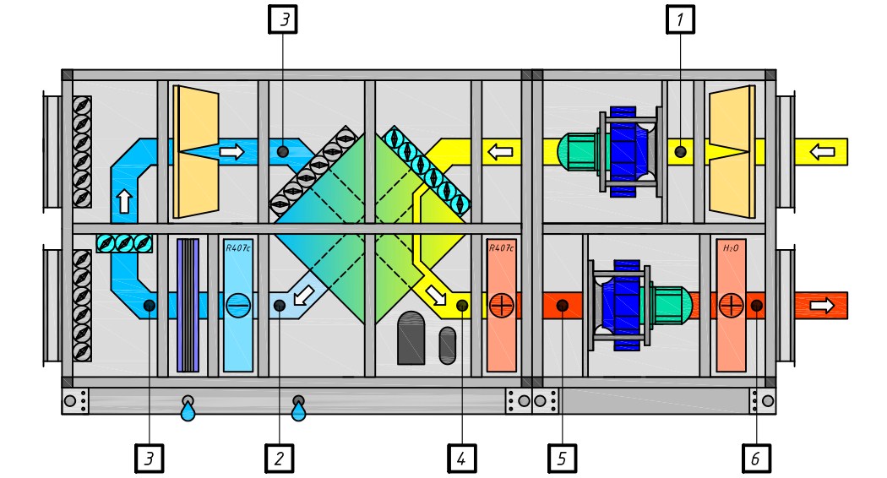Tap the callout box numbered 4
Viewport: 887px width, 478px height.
[x=461, y=459]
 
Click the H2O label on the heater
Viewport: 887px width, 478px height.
[x=731, y=249]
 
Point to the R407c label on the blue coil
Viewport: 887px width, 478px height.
[x=237, y=249]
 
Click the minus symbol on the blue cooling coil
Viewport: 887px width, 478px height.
[x=237, y=305]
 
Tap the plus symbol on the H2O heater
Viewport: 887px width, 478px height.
[x=731, y=305]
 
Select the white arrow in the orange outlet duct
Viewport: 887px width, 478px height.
[x=821, y=305]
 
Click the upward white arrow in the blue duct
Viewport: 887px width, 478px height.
[x=125, y=201]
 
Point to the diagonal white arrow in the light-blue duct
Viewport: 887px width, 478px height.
[x=301, y=296]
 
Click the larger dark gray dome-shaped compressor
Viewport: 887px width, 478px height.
[x=413, y=337]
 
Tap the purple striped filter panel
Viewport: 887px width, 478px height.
[x=188, y=305]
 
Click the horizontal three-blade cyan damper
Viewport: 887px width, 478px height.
[x=124, y=242]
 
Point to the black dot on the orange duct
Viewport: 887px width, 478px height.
[x=559, y=305]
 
